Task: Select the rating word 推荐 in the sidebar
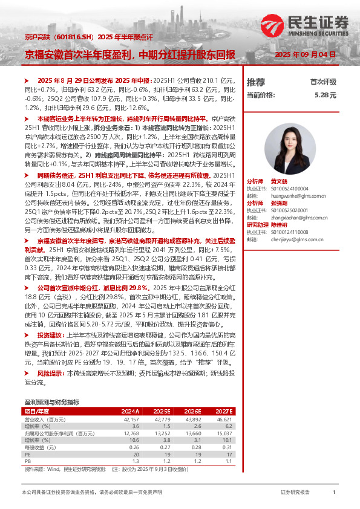click(255, 82)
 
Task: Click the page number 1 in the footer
click(334, 493)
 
